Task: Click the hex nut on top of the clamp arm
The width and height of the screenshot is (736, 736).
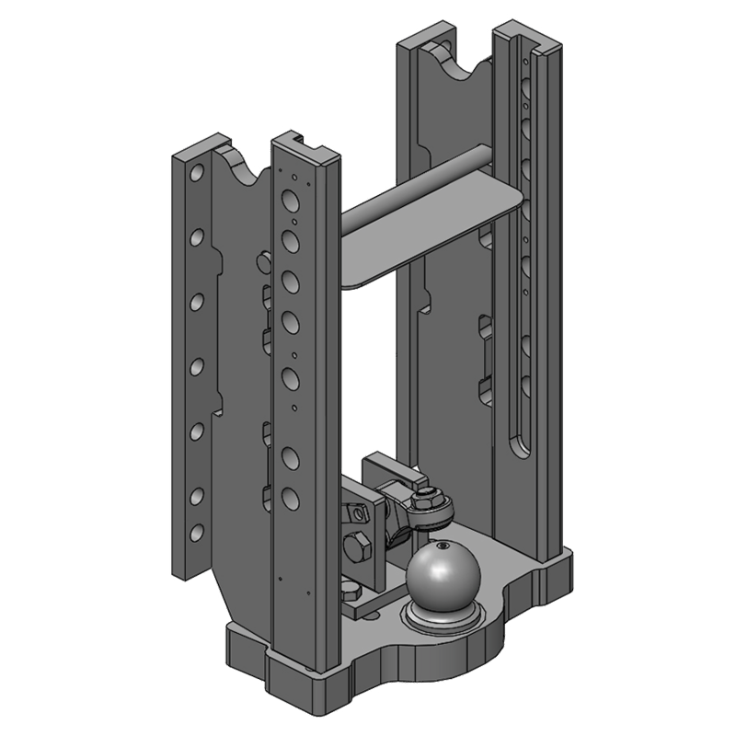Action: [x=426, y=498]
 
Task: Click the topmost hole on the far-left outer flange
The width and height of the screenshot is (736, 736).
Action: [x=196, y=173]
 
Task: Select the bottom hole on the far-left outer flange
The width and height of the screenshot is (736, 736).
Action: [x=195, y=531]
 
